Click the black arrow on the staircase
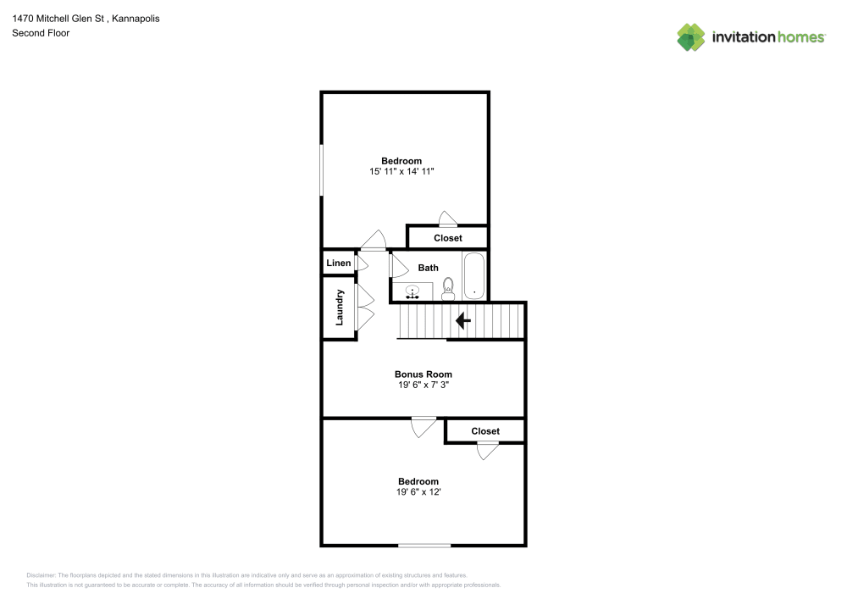point(463,321)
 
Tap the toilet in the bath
point(448,289)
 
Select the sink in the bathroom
point(412,292)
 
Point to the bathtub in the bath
point(473,275)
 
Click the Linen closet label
point(339,263)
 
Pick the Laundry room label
point(340,308)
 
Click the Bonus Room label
point(423,374)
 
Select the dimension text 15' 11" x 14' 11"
point(401,171)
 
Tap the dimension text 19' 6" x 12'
point(418,492)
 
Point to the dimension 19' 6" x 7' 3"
point(423,385)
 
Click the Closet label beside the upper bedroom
point(448,238)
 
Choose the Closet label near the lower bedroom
point(485,431)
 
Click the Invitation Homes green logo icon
point(691,37)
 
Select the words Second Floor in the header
point(41,33)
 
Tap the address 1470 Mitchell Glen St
point(58,19)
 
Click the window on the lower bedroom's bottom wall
point(424,546)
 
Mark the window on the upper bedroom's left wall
point(321,169)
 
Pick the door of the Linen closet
point(362,263)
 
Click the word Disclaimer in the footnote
point(41,575)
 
